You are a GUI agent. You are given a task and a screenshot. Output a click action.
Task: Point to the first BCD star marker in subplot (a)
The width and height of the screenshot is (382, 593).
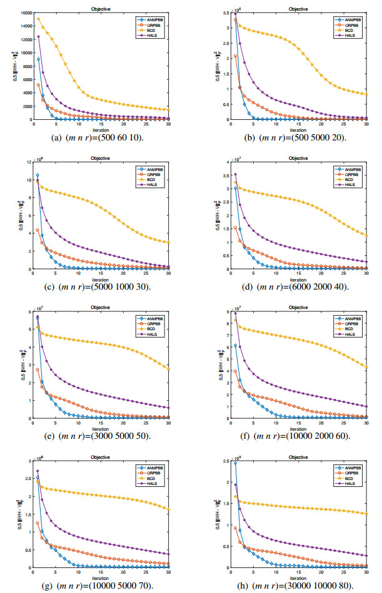pyautogui.click(x=38, y=19)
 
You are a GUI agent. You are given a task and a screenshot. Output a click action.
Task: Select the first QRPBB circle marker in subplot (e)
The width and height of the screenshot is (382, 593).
pyautogui.click(x=38, y=370)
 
